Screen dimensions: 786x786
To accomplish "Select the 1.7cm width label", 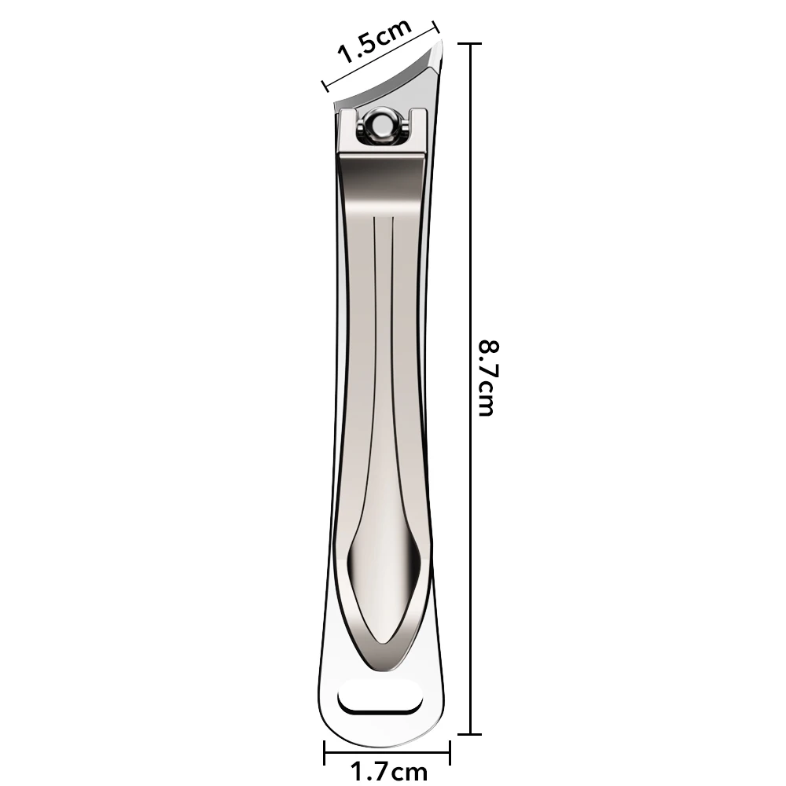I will click(388, 773).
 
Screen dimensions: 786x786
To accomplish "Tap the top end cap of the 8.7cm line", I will click(470, 45).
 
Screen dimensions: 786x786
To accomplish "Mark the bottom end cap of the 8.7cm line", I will click(470, 734).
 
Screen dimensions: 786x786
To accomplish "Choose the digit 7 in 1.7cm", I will click(379, 773).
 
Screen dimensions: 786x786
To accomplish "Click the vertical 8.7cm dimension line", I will click(470, 236).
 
